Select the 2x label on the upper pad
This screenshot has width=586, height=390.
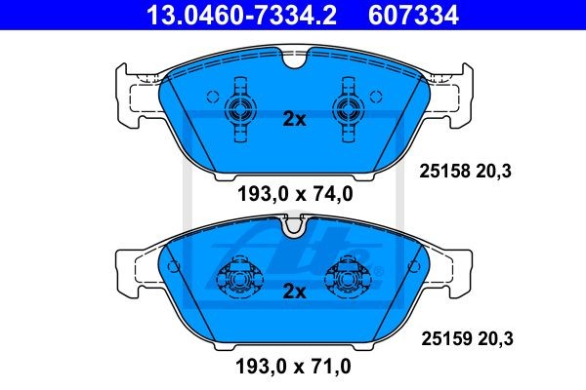click(x=294, y=120)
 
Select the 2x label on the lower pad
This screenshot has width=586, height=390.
click(x=294, y=292)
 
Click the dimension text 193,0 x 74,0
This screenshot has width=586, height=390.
click(x=294, y=194)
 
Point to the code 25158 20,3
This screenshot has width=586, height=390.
click(x=466, y=172)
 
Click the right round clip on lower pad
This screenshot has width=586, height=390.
click(x=351, y=281)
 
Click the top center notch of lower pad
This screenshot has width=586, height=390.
click(x=294, y=228)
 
